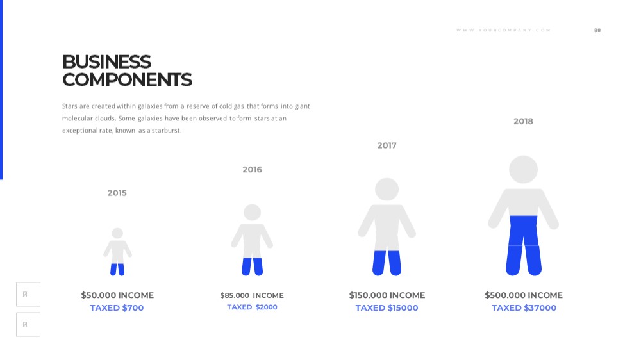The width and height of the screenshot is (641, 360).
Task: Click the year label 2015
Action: (x=117, y=193)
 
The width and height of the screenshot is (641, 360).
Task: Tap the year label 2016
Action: (x=252, y=170)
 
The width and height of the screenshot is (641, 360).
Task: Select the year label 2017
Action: (x=387, y=145)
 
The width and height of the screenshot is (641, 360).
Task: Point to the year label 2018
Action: (x=523, y=121)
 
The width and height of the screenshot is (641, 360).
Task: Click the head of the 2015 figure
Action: (x=117, y=233)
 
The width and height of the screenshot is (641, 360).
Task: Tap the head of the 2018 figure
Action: (x=523, y=169)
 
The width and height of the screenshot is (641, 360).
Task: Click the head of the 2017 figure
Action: (x=387, y=189)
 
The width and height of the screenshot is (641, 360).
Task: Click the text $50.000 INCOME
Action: (x=117, y=295)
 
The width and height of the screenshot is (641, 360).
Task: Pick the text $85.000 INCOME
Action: (x=252, y=295)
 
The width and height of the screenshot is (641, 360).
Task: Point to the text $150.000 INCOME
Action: (x=387, y=295)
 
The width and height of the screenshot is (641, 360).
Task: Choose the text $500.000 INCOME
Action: (x=524, y=295)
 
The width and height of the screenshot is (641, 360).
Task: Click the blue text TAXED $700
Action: (x=117, y=308)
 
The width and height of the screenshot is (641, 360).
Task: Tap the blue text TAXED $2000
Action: (x=252, y=307)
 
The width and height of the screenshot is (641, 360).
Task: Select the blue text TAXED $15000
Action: (x=387, y=308)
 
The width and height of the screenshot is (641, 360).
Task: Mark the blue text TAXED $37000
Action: (x=524, y=308)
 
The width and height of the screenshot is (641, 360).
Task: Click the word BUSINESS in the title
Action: (x=106, y=62)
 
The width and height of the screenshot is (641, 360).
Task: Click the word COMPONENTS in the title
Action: (x=127, y=79)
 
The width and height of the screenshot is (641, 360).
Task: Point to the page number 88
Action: (x=597, y=30)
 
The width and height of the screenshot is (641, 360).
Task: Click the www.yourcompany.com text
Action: (x=504, y=30)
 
